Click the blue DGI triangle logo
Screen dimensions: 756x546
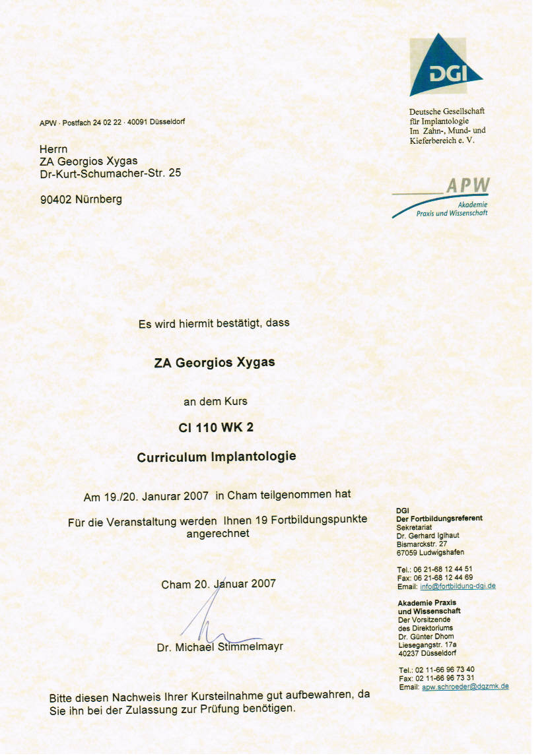[444, 68]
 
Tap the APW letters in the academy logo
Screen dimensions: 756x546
[468, 186]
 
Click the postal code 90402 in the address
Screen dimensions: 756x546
[57, 199]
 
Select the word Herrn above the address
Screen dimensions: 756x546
[53, 149]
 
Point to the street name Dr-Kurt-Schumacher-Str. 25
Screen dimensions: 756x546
[110, 173]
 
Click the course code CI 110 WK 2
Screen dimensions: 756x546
[216, 427]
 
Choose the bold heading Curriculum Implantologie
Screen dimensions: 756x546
[217, 457]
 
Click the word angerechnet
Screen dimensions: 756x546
[218, 533]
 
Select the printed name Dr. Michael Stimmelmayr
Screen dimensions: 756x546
[220, 647]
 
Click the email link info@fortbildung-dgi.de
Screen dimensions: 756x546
[458, 586]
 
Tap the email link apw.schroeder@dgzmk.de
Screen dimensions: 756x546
[465, 686]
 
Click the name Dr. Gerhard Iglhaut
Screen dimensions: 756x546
[428, 536]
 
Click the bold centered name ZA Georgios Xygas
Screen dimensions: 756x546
[214, 363]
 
